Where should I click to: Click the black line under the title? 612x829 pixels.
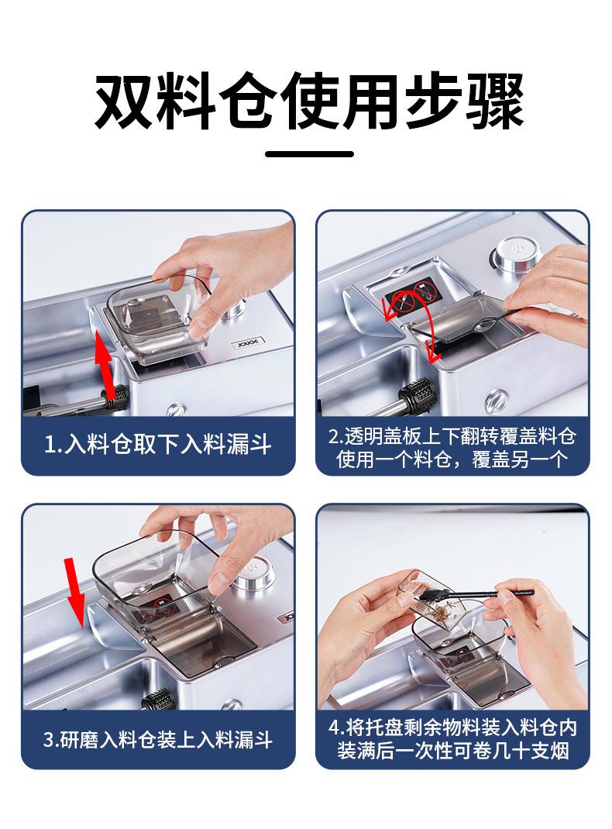click(x=309, y=154)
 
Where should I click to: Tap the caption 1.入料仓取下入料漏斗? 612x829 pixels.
click(x=157, y=444)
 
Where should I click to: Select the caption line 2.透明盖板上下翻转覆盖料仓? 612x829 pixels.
click(x=452, y=437)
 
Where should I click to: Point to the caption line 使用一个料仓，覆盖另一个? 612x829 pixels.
click(x=452, y=459)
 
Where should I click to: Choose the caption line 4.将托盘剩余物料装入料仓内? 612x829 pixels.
click(x=452, y=728)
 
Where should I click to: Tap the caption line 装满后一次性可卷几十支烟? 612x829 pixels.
click(x=452, y=751)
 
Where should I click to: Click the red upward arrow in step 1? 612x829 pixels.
click(x=106, y=364)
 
